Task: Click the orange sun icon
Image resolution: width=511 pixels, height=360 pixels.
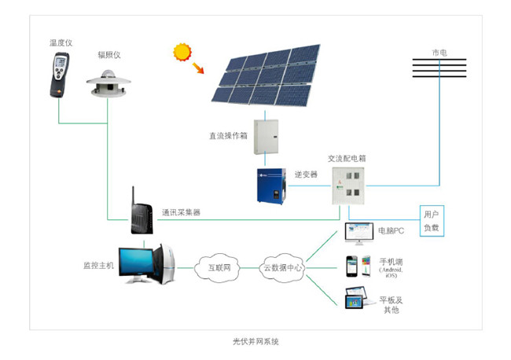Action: pyautogui.click(x=182, y=53)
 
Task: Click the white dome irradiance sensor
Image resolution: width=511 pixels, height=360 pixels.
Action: pyautogui.click(x=109, y=83)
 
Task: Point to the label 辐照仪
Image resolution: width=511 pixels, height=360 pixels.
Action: pyautogui.click(x=109, y=55)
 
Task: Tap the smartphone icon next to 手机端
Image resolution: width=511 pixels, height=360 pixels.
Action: pyautogui.click(x=353, y=266)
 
